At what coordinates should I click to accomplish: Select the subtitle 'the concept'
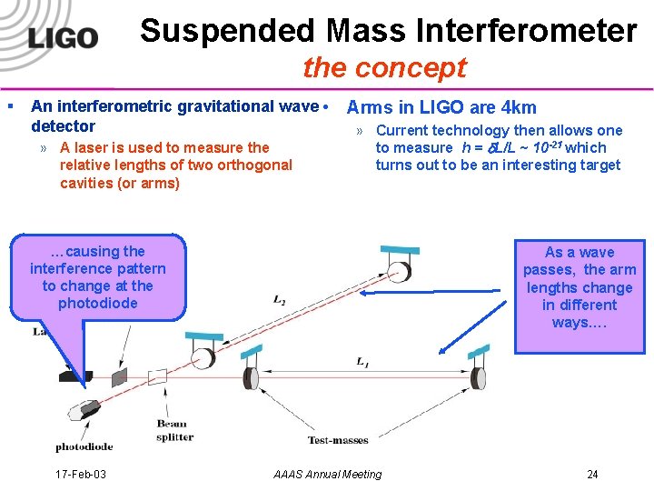pyautogui.click(x=384, y=67)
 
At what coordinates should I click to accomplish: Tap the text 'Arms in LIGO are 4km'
pyautogui.click(x=441, y=107)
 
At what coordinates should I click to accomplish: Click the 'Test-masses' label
pyautogui.click(x=338, y=440)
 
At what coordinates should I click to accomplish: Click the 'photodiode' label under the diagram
pyautogui.click(x=84, y=446)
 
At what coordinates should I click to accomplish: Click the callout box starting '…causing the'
pyautogui.click(x=98, y=277)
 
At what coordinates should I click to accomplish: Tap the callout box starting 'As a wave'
pyautogui.click(x=579, y=287)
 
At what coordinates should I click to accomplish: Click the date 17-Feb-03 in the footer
pyautogui.click(x=81, y=474)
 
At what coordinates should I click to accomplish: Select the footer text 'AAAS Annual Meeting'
pyautogui.click(x=327, y=474)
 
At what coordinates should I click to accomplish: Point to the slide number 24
pyautogui.click(x=592, y=474)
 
